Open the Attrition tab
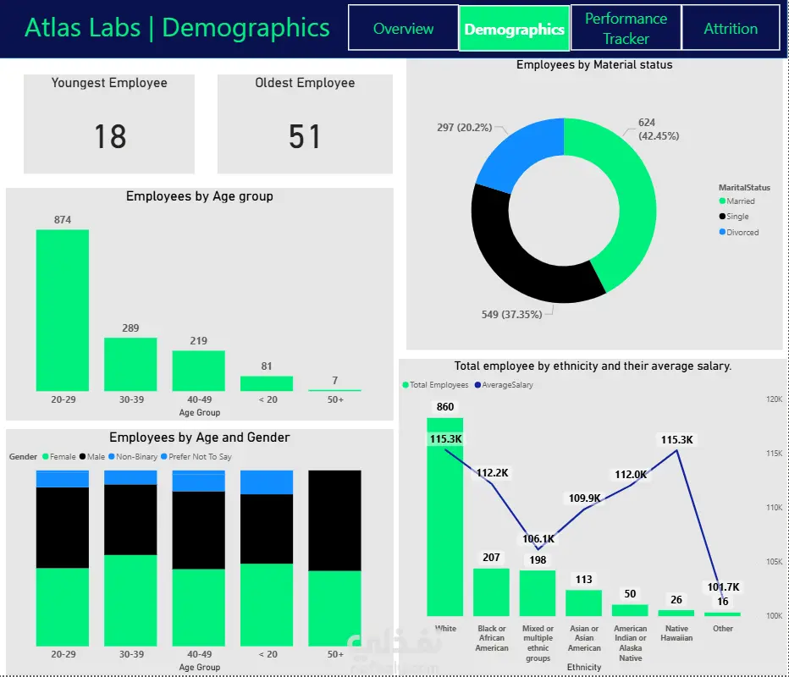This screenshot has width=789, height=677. tap(731, 28)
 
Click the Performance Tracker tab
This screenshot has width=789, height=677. tap(626, 28)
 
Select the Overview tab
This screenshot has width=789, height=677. tap(403, 28)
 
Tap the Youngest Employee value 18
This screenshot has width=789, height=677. tap(110, 136)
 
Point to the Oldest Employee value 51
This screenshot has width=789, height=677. tap(305, 136)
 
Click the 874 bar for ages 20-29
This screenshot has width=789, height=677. tap(62, 310)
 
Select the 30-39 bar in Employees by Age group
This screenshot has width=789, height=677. tap(130, 364)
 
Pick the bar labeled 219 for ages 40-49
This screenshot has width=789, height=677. tap(199, 371)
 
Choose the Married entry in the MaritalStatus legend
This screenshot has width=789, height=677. tap(740, 201)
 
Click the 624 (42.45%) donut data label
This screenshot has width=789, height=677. tap(658, 129)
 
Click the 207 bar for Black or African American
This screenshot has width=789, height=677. tap(491, 592)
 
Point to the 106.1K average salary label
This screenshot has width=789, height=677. tap(538, 539)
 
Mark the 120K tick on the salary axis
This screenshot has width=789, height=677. tap(773, 399)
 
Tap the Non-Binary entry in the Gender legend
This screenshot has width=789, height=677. tap(136, 457)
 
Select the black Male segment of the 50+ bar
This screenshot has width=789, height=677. tap(334, 520)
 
